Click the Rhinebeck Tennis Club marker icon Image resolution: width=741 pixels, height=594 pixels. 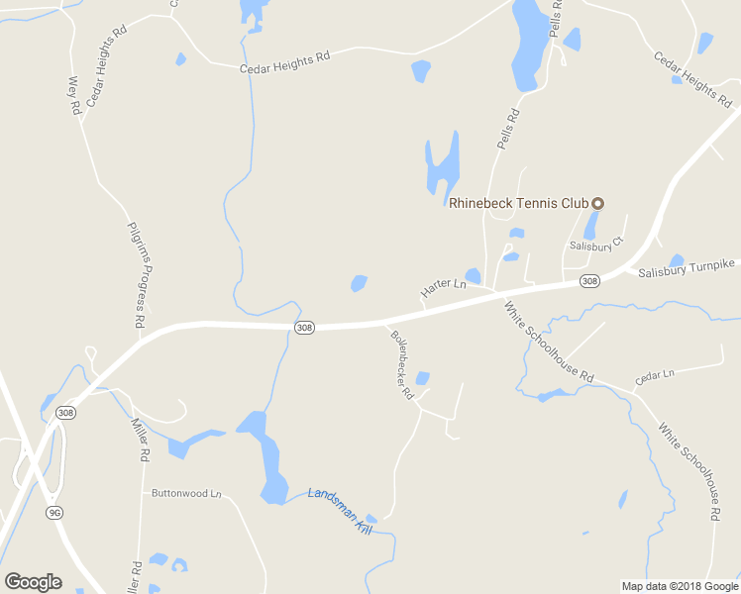tap(597, 204)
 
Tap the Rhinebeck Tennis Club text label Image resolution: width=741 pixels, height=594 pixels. tap(519, 204)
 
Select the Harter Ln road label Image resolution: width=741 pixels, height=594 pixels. tap(443, 288)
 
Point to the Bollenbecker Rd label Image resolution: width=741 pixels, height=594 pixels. tap(401, 364)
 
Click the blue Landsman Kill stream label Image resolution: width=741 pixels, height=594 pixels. tap(338, 512)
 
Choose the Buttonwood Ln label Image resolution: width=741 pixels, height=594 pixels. tap(185, 493)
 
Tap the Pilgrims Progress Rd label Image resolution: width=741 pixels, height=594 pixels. tap(137, 274)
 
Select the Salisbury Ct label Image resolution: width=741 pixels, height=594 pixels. tap(594, 245)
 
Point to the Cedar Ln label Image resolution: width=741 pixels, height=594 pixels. tap(654, 375)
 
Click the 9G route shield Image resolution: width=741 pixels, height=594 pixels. tap(55, 512)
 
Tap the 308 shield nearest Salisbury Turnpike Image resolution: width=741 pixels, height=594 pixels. tap(589, 281)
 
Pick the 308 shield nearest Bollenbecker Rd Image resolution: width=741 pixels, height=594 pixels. tap(304, 327)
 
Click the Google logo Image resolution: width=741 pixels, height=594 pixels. tap(33, 582)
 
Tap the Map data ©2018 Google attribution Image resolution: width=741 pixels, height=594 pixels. tap(680, 586)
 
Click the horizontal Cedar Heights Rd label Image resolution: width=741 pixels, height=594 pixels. tap(284, 62)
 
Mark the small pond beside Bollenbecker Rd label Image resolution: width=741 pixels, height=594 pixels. tap(422, 377)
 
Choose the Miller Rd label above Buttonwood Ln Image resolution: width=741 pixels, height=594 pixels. tap(140, 442)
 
